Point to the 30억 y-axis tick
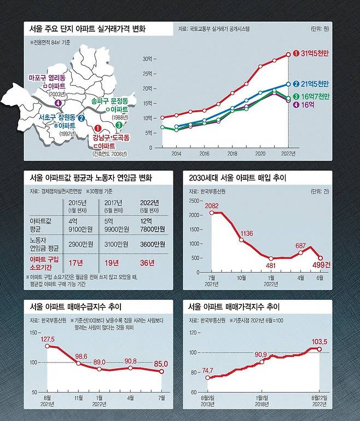coord(147,59)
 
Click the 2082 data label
coord(212,205)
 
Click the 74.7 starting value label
coord(206,370)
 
